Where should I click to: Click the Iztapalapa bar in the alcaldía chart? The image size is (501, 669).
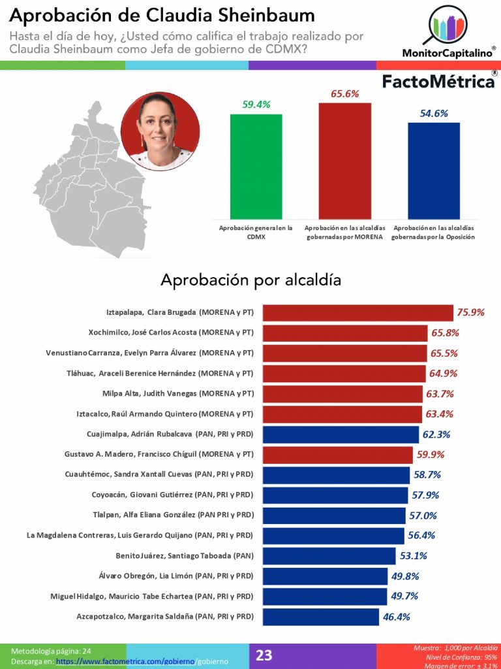point(357,312)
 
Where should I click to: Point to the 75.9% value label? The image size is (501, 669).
point(471,312)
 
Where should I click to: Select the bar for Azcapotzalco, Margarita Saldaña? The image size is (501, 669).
point(320,616)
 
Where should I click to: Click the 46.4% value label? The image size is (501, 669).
point(397,616)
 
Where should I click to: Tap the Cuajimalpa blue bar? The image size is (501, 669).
point(341,434)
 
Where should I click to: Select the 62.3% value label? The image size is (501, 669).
point(437,434)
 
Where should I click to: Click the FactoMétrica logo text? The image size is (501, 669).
point(438,82)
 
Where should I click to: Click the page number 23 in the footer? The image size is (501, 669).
point(264,655)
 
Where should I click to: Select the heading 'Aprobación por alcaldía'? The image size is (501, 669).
point(251,280)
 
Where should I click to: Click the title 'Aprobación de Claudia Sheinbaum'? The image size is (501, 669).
point(162,15)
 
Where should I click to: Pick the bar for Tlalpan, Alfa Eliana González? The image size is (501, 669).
point(333,515)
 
